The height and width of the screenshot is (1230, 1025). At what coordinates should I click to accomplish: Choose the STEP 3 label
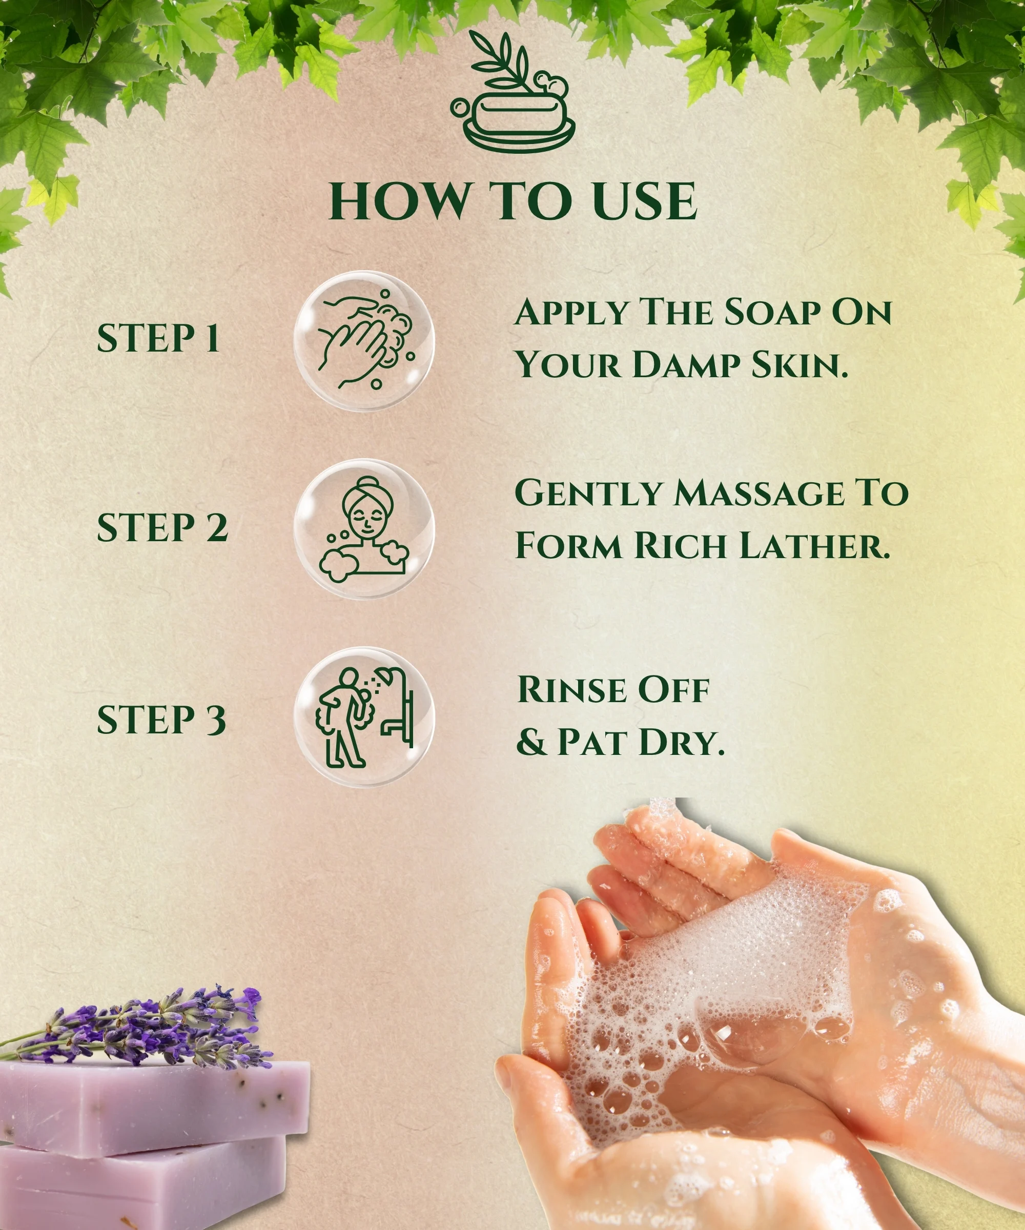pos(161,719)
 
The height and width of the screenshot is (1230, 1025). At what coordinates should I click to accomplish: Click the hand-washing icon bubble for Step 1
pos(364,341)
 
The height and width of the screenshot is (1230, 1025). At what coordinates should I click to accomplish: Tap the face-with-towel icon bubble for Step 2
pos(364,529)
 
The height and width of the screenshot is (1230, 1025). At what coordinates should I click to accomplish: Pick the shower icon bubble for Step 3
pos(364,717)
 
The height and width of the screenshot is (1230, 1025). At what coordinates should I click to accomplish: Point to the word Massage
pos(758,493)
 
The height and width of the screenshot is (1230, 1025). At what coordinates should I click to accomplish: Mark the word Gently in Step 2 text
pos(586,493)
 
